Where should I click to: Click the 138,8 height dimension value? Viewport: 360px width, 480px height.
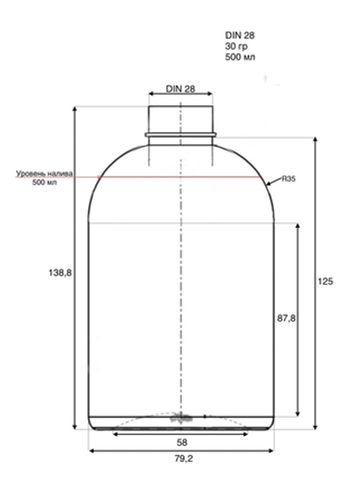point(60,272)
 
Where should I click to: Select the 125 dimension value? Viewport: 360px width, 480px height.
point(325,281)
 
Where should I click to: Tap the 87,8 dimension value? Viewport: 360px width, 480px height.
point(286,319)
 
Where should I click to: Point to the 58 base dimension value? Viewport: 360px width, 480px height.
point(182,442)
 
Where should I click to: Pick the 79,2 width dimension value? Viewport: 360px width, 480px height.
point(184,458)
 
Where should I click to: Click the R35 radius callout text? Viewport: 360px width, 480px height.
point(288,179)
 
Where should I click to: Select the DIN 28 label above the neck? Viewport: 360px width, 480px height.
point(181,89)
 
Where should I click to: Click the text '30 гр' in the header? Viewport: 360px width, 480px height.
point(236,46)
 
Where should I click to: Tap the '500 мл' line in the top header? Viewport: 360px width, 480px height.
point(240,57)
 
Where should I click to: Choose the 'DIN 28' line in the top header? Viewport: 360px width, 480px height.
point(239,35)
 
